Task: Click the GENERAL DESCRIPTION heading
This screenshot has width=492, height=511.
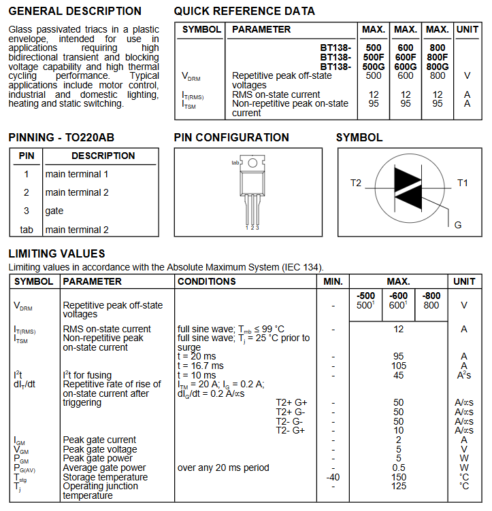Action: coord(75,12)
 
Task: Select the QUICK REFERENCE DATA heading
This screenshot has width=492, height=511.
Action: coord(244,12)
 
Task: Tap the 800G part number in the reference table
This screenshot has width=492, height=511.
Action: coord(438,67)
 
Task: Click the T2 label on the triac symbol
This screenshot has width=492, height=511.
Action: coord(356,183)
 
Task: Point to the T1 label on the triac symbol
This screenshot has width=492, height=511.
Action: coord(463,183)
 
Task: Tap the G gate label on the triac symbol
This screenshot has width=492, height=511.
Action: coord(458,225)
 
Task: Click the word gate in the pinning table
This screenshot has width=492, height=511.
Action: coord(55,211)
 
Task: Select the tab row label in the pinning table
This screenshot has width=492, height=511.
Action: coord(27,230)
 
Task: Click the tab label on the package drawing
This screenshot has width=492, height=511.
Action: coord(235,163)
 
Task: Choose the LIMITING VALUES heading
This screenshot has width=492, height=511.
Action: coord(56,253)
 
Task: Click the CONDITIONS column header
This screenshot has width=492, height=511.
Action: coord(207,281)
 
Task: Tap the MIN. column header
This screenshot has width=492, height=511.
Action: coord(333,281)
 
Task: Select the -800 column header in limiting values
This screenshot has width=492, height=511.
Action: coord(431,296)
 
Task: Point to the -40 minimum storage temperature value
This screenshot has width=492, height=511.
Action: coord(333,477)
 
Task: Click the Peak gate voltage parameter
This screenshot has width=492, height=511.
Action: coord(100,449)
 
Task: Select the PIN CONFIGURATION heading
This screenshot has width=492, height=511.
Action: coord(231,137)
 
